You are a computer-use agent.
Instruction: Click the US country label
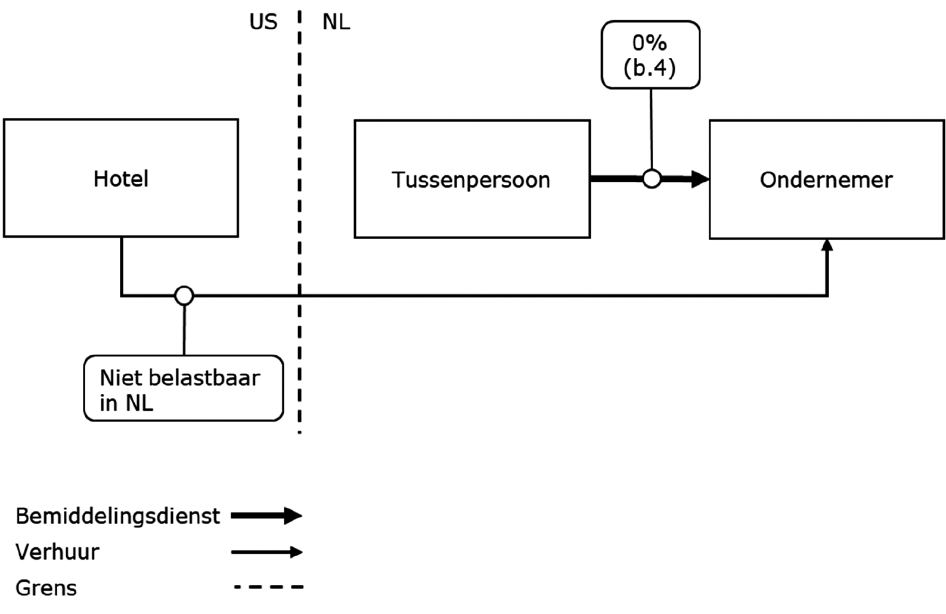pyautogui.click(x=263, y=23)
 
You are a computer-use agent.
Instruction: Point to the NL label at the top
pyautogui.click(x=336, y=23)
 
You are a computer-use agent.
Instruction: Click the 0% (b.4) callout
pyautogui.click(x=650, y=55)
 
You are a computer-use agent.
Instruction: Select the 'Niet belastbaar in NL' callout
pyautogui.click(x=183, y=389)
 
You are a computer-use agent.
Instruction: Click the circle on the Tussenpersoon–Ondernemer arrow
pyautogui.click(x=652, y=178)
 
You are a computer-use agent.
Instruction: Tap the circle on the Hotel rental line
pyautogui.click(x=184, y=295)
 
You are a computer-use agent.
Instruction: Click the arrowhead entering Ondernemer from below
pyautogui.click(x=827, y=245)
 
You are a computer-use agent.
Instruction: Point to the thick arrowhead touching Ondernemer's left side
pyautogui.click(x=700, y=179)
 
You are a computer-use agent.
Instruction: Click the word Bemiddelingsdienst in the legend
pyautogui.click(x=117, y=516)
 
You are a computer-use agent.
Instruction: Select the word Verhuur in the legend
pyautogui.click(x=57, y=553)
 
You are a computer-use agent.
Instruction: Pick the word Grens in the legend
pyautogui.click(x=46, y=588)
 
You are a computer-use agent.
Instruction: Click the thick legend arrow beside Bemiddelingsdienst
pyautogui.click(x=266, y=516)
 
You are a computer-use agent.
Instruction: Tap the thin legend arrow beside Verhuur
pyautogui.click(x=266, y=552)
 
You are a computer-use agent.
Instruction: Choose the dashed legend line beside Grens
pyautogui.click(x=268, y=587)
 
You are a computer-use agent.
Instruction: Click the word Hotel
pyautogui.click(x=121, y=179)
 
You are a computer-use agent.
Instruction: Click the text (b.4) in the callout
pyautogui.click(x=650, y=67)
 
